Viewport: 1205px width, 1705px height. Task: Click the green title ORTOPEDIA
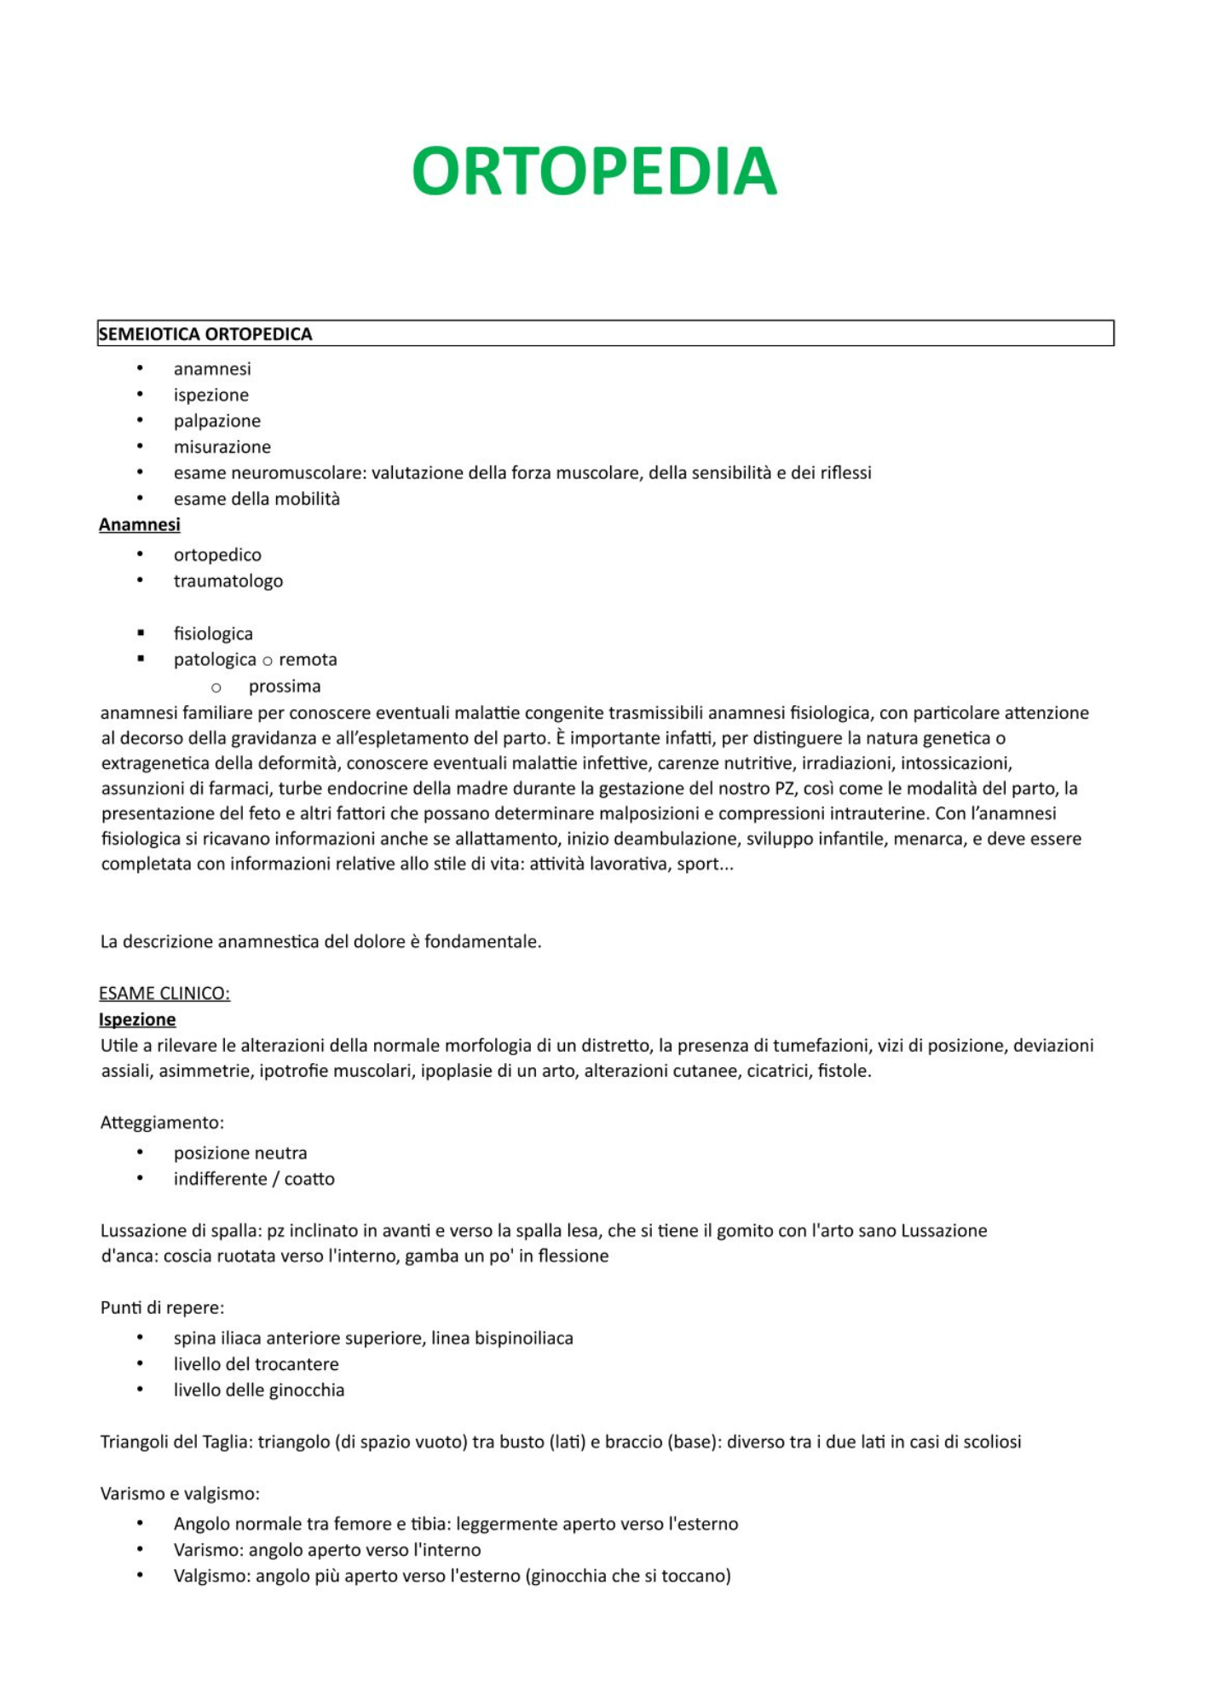[594, 171]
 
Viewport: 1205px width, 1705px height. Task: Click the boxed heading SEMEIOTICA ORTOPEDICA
[205, 334]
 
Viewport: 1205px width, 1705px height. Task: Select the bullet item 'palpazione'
[216, 421]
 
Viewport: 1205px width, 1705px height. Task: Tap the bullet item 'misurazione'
[222, 447]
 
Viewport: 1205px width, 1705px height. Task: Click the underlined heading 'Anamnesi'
[140, 525]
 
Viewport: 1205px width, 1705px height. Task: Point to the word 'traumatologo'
[228, 581]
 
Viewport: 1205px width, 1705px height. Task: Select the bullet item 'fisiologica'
[213, 634]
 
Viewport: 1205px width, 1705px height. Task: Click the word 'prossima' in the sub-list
[285, 687]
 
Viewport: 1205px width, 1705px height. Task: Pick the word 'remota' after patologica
[308, 660]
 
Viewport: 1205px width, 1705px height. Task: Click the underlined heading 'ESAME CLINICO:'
[164, 994]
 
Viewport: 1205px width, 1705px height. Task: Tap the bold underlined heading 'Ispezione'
[137, 1020]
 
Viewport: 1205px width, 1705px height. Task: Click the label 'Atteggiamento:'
[162, 1123]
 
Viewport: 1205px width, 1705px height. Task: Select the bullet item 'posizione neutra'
[240, 1153]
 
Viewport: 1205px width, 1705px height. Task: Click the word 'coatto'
[309, 1179]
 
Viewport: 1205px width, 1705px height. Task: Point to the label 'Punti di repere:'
[162, 1308]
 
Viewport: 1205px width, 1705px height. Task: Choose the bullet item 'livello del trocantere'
[256, 1364]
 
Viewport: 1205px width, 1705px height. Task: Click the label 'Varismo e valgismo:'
[180, 1494]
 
